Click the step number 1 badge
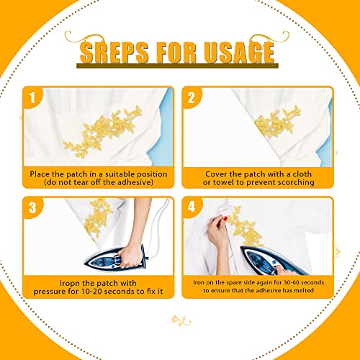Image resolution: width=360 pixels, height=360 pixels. coord(32,97)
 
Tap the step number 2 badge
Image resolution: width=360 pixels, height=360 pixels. coord(192,97)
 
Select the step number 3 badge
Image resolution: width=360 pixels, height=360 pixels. coord(32,207)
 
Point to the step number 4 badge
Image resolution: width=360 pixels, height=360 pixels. coord(192,207)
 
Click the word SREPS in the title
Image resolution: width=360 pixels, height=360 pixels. coord(114,53)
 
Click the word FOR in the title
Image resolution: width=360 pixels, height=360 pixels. coord(176,53)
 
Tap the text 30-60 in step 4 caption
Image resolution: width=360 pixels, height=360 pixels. coord(291,282)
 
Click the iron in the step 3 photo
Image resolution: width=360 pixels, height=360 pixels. coord(117,258)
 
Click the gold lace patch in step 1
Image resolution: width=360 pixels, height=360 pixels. coord(103,131)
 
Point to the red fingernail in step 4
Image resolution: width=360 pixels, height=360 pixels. coord(225,218)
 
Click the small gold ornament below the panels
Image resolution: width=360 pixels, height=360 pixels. coord(181,321)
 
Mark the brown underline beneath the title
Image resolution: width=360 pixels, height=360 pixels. coord(177,66)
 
